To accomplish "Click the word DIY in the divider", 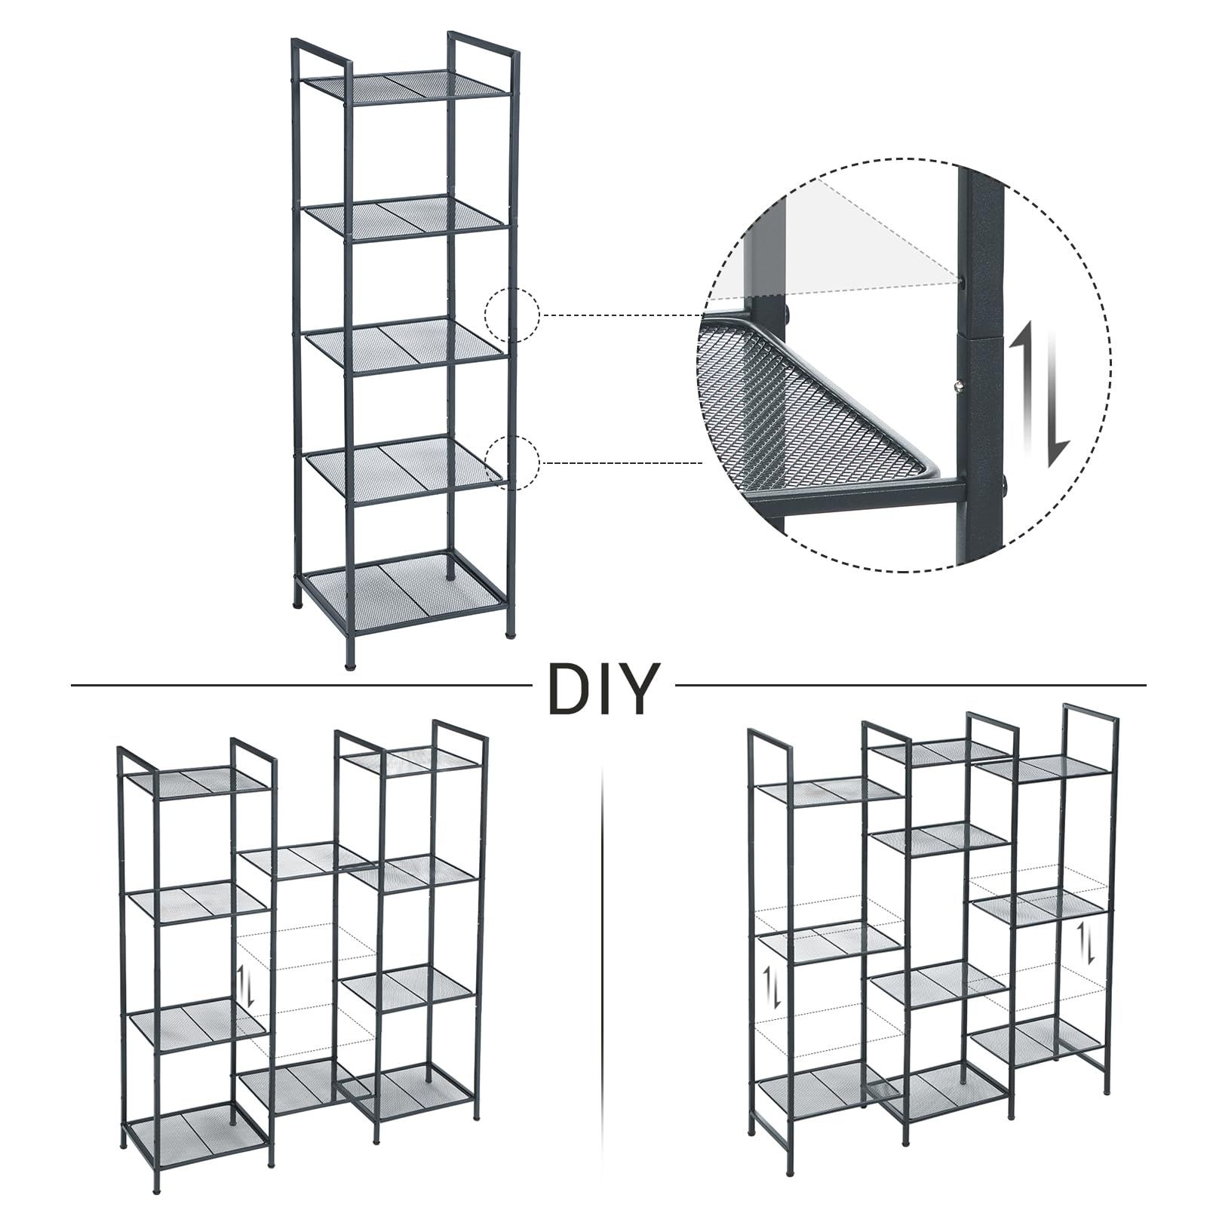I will [600, 687].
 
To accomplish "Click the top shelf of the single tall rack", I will [407, 88].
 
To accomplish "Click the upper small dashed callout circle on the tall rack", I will [511, 315].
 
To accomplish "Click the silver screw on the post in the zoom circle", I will [958, 387].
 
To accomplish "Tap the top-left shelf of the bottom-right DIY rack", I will [828, 788].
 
